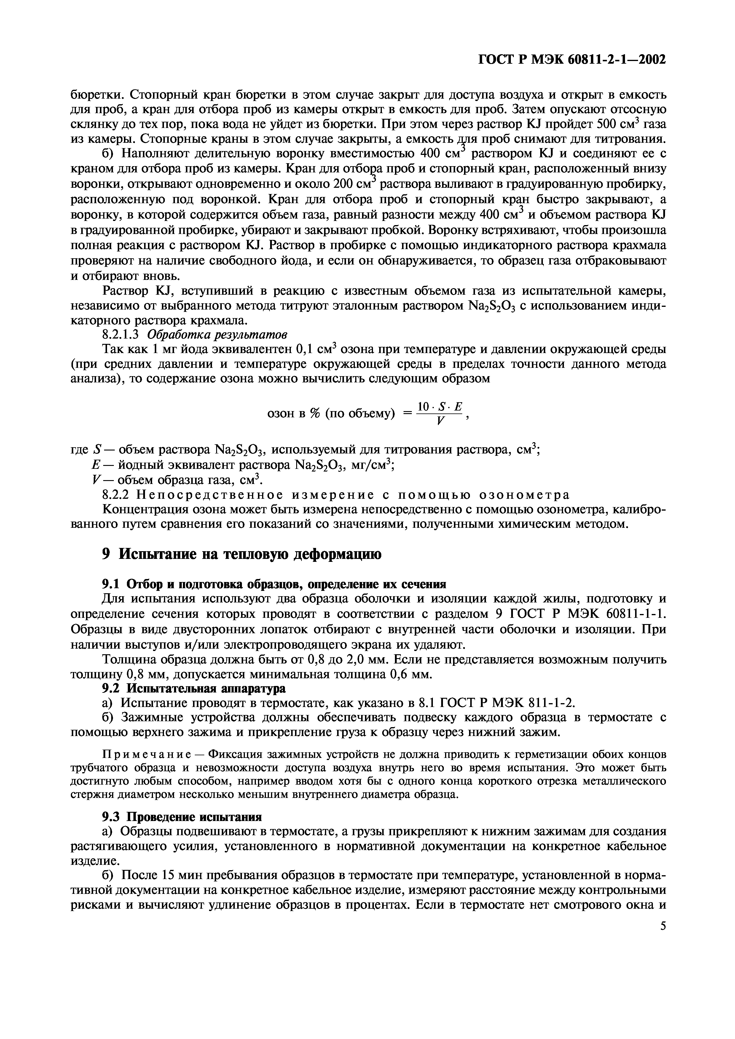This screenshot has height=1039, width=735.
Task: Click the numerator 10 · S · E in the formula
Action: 439,407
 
